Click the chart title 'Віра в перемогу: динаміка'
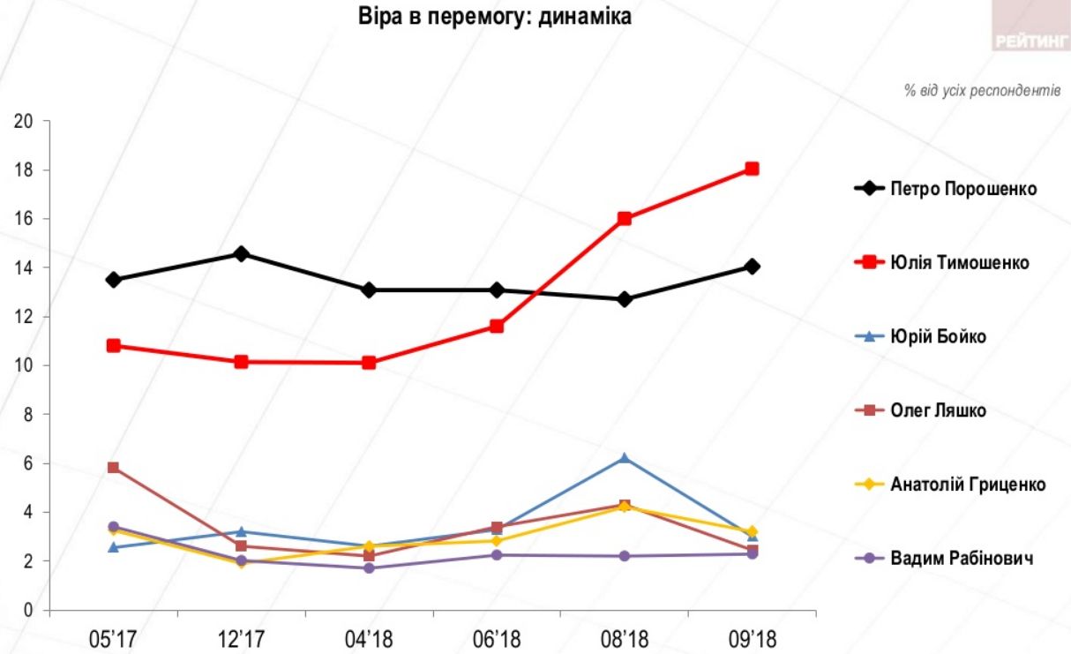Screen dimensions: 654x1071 click(x=495, y=17)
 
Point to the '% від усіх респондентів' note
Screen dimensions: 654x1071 click(x=982, y=91)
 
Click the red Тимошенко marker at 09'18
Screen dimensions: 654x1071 click(x=752, y=169)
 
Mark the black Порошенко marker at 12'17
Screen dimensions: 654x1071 click(x=241, y=254)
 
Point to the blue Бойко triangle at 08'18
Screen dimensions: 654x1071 click(x=625, y=458)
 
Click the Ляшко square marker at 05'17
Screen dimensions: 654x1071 click(x=113, y=468)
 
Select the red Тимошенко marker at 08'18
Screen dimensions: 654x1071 click(x=625, y=218)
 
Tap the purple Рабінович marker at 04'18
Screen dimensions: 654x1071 click(x=369, y=568)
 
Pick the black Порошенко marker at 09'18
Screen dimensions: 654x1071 click(x=752, y=267)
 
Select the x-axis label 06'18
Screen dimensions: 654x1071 click(x=497, y=638)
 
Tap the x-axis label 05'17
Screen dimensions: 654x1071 click(x=114, y=638)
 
